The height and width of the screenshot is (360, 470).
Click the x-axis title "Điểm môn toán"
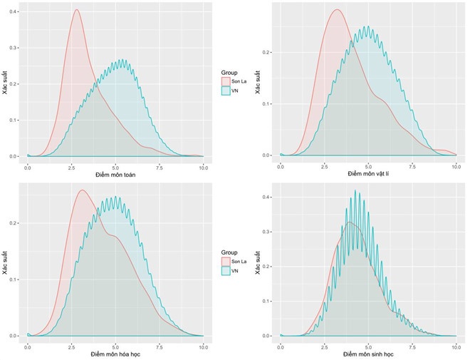pyautogui.click(x=115, y=174)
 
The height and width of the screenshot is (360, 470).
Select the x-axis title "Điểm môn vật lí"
pyautogui.click(x=369, y=173)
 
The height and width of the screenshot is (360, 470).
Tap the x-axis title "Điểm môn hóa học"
pyautogui.click(x=115, y=354)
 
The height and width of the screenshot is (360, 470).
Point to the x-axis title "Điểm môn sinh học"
pyautogui.click(x=369, y=354)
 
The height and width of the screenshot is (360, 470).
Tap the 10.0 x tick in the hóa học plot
pyautogui.click(x=203, y=346)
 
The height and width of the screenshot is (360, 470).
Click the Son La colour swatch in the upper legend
pyautogui.click(x=227, y=82)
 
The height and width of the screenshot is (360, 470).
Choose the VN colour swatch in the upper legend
pyautogui.click(x=227, y=92)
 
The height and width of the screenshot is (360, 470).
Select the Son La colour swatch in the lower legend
pyautogui.click(x=227, y=262)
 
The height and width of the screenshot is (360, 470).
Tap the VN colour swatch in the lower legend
pyautogui.click(x=227, y=272)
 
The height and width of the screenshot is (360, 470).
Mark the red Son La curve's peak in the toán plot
pyautogui.click(x=76, y=10)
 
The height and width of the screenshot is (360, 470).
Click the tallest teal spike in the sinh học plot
pyautogui.click(x=355, y=190)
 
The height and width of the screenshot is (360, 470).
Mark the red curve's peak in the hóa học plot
pyautogui.click(x=82, y=190)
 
